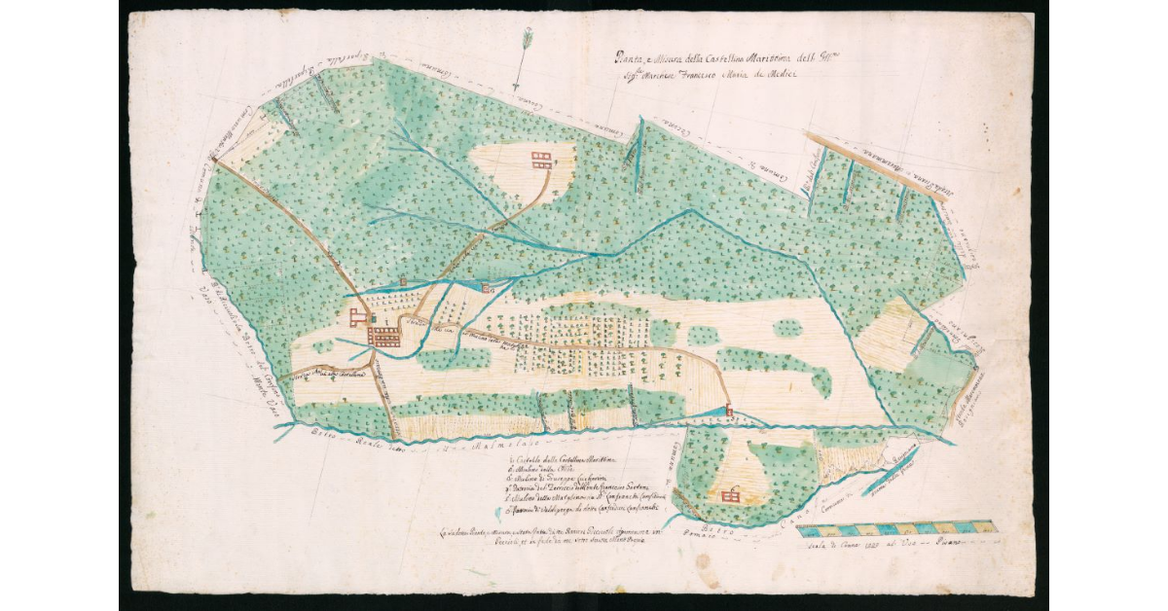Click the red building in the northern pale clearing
pyautogui.click(x=541, y=160)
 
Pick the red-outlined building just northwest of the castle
pyautogui.click(x=358, y=317)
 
